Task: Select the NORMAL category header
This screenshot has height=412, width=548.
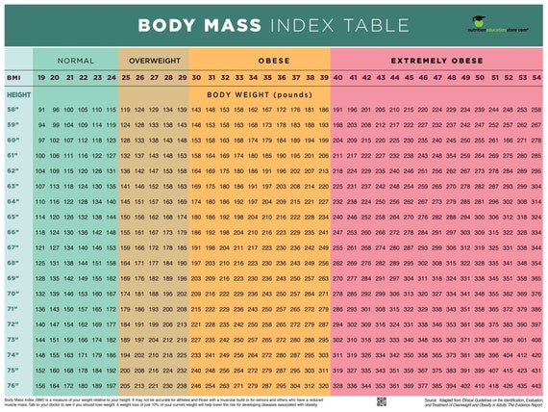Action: [x=75, y=59]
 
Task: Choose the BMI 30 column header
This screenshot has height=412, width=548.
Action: [x=196, y=77]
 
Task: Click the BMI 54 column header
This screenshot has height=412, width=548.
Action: [x=535, y=77]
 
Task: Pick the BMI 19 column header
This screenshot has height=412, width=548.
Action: [x=41, y=77]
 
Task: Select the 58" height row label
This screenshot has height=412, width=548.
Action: [x=14, y=111]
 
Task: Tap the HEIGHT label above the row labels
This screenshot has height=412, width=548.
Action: [x=18, y=95]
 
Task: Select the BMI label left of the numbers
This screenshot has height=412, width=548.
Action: [x=13, y=77]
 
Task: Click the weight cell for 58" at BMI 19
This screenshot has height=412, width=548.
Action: [x=41, y=111]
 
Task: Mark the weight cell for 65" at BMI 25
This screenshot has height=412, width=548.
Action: [x=125, y=218]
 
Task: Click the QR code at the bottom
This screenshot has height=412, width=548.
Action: [x=381, y=400]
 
